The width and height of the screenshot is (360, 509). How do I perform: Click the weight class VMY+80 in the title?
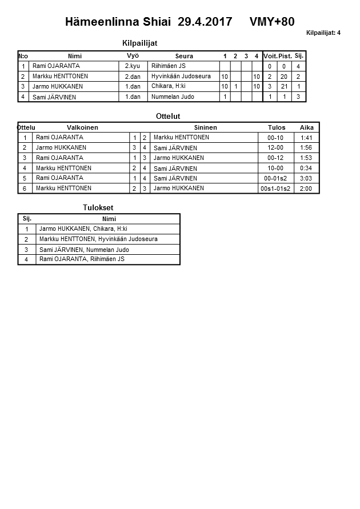(x=272, y=22)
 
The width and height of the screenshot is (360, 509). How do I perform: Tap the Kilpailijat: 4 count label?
(x=323, y=33)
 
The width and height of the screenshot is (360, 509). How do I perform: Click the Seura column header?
(x=184, y=56)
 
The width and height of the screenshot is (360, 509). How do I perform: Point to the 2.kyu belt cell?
(x=133, y=66)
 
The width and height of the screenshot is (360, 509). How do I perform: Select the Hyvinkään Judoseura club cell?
(x=181, y=76)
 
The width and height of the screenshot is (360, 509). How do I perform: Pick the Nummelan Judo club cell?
(x=173, y=97)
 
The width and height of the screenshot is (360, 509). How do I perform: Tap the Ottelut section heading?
(x=168, y=117)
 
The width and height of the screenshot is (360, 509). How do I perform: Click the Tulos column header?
(x=277, y=127)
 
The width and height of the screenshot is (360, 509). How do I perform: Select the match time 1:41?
(x=306, y=138)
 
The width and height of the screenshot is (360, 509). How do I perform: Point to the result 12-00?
(x=275, y=148)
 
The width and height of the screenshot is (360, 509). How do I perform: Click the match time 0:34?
(x=306, y=169)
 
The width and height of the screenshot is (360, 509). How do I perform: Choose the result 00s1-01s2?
(x=275, y=189)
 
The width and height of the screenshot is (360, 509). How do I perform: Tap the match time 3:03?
(x=306, y=179)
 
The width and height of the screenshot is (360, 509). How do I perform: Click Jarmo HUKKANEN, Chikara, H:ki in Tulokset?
(x=83, y=229)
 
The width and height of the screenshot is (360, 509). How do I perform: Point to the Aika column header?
(x=306, y=127)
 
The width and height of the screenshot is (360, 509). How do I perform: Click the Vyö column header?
(x=133, y=56)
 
